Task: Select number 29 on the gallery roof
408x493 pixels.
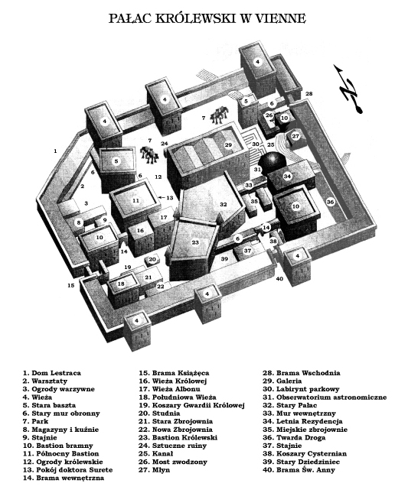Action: [x=228, y=144]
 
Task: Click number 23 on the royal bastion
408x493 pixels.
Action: [x=195, y=242]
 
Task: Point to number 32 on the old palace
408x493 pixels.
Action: [x=224, y=204]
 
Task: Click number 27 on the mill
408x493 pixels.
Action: [x=295, y=137]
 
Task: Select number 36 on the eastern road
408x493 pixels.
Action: [x=330, y=202]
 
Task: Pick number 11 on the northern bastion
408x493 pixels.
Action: [x=135, y=200]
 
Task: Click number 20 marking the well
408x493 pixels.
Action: [x=152, y=259]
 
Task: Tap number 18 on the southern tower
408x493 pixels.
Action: [x=121, y=284]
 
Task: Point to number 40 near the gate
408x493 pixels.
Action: [x=279, y=278]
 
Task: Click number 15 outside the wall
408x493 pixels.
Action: [x=71, y=285]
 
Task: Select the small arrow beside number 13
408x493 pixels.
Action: [x=162, y=198]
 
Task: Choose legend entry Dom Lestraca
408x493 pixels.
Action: [x=51, y=373]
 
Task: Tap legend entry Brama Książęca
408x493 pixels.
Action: [x=174, y=373]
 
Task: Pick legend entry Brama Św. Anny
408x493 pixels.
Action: [x=299, y=470]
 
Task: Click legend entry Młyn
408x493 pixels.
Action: [x=155, y=470]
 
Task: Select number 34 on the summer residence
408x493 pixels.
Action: [x=287, y=176]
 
